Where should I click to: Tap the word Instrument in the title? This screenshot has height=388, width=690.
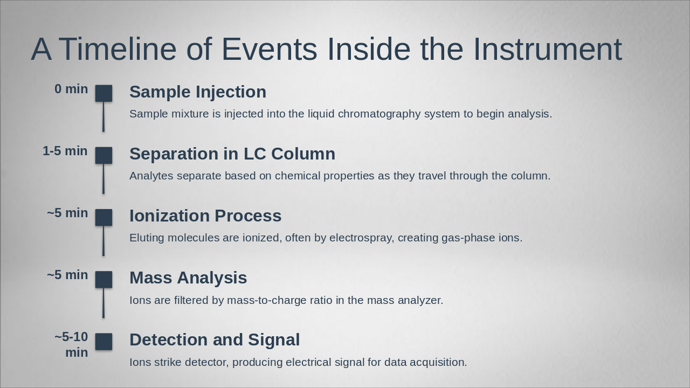pyautogui.click(x=547, y=49)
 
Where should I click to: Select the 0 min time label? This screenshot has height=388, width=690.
pyautogui.click(x=71, y=89)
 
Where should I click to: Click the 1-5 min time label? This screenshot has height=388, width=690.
pyautogui.click(x=65, y=151)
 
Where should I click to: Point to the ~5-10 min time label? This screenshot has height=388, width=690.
pyautogui.click(x=71, y=344)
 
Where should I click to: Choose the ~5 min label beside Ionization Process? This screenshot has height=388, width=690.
pyautogui.click(x=67, y=213)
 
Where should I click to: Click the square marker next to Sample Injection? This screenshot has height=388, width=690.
pyautogui.click(x=104, y=93)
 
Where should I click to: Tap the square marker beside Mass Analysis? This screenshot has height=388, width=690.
pyautogui.click(x=104, y=280)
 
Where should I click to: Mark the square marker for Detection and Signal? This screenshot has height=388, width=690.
pyautogui.click(x=104, y=342)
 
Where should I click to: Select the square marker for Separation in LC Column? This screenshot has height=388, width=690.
pyautogui.click(x=104, y=155)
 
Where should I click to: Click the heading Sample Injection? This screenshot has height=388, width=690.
pyautogui.click(x=198, y=92)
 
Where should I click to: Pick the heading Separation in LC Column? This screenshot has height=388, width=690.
pyautogui.click(x=232, y=154)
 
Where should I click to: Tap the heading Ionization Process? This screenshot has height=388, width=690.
pyautogui.click(x=205, y=216)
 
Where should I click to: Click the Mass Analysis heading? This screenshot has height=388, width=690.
pyautogui.click(x=188, y=278)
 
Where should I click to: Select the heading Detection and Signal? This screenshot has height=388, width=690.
pyautogui.click(x=215, y=340)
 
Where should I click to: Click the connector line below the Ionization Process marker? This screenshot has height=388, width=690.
pyautogui.click(x=103, y=241)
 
